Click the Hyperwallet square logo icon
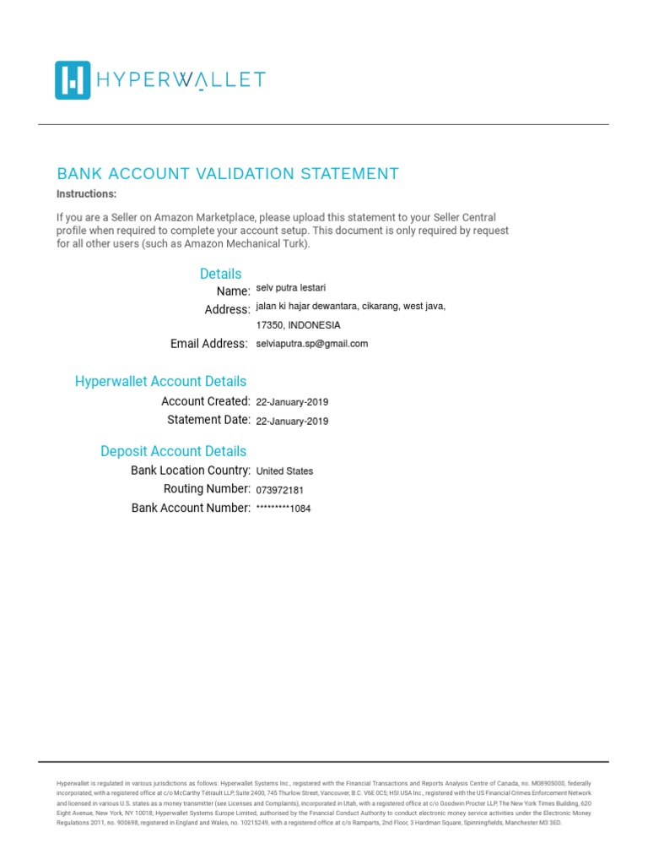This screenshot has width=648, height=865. (73, 80)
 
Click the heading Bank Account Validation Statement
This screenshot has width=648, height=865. (227, 174)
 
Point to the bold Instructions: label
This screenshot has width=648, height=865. (87, 194)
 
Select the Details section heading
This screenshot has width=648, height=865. (220, 274)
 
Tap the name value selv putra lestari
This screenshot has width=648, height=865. (290, 289)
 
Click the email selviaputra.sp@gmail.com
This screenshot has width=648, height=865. (312, 344)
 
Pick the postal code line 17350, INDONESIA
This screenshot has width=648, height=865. (298, 325)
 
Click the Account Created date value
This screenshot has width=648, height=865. (292, 402)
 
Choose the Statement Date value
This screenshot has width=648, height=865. (292, 421)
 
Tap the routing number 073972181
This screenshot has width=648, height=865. (281, 490)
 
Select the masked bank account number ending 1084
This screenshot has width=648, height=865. (283, 509)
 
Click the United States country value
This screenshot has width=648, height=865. (284, 471)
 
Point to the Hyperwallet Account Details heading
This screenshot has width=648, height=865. (160, 382)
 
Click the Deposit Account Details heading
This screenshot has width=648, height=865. (173, 451)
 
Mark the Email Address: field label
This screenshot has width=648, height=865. (209, 344)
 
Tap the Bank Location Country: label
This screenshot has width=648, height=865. (191, 471)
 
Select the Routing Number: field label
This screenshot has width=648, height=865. (207, 489)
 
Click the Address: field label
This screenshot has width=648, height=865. (227, 310)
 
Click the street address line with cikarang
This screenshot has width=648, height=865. (350, 307)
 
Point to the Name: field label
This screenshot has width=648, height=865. (233, 291)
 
